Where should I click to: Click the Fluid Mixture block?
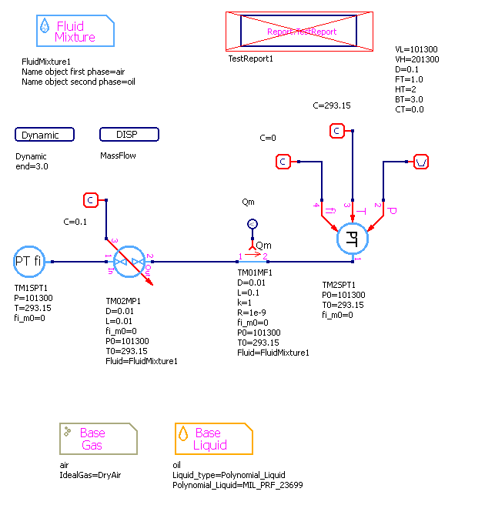coord(75,32)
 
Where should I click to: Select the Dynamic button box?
coord(45,135)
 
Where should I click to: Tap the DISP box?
coord(129,135)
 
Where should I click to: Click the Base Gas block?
coord(99,439)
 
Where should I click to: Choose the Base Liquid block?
coord(213,439)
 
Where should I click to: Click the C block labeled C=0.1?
coord(90,200)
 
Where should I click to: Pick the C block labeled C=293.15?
coord(336,131)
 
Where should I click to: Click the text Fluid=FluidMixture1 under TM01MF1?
coord(273,353)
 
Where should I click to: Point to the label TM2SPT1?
coord(338,285)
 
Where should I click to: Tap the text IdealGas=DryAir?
coord(90,475)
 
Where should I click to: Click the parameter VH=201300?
coord(416,59)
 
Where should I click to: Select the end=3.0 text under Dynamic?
coord(32,166)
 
